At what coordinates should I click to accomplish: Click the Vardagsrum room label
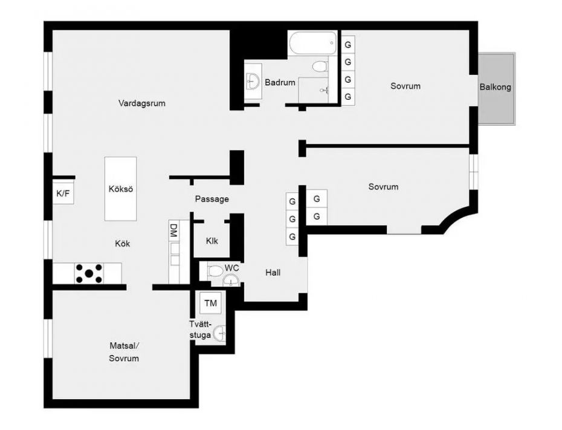tap(141, 103)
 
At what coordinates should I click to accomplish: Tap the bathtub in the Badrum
tap(313, 43)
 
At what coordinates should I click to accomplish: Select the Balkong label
tap(496, 87)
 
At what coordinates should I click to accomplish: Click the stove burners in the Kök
tap(89, 273)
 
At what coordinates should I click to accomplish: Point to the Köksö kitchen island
tap(120, 189)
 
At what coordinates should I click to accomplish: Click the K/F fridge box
tap(63, 194)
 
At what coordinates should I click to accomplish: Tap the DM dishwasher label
tap(173, 230)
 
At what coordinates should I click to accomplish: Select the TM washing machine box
tap(211, 303)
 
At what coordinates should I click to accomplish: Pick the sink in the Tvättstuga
tap(219, 333)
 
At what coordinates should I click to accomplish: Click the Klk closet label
tap(212, 241)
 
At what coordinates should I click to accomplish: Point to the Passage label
tap(212, 199)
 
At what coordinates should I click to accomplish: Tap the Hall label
tap(273, 273)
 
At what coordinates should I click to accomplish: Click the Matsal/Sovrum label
tap(124, 352)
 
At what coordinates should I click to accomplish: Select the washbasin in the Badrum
tap(253, 81)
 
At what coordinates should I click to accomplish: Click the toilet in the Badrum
tap(320, 67)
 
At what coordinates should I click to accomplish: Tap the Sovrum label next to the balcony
tap(405, 86)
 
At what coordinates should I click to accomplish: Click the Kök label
tap(122, 244)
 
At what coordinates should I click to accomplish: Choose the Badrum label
tap(280, 82)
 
